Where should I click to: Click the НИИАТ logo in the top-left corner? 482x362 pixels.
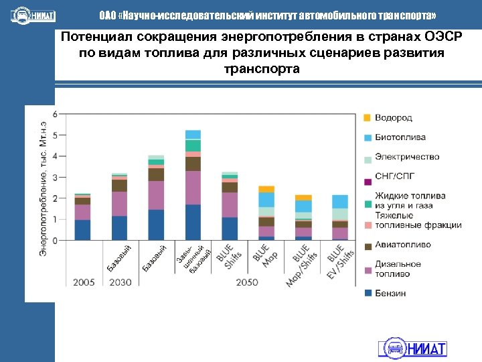point(33,15)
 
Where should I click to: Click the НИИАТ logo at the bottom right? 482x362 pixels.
point(412,347)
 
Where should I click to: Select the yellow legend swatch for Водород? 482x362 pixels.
point(367,118)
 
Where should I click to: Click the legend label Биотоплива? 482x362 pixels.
point(400,137)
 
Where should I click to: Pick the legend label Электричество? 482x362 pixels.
point(406,157)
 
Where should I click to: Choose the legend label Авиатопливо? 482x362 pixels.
point(402,245)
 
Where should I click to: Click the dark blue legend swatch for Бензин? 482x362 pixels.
point(367,293)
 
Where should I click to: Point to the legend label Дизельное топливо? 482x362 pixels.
point(398,269)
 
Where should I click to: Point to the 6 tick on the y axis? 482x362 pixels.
point(55,114)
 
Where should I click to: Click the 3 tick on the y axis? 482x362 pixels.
point(55,177)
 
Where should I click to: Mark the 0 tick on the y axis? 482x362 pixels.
point(55,240)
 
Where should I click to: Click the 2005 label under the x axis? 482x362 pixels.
point(83,282)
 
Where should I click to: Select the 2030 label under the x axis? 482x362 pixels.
point(120,282)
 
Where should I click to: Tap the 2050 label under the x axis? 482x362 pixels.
point(248,282)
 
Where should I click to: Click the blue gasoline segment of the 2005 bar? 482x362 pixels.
point(82,229)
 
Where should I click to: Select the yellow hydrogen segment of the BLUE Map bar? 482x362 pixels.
point(266,189)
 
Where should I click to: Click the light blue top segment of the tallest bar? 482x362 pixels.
point(193,134)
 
